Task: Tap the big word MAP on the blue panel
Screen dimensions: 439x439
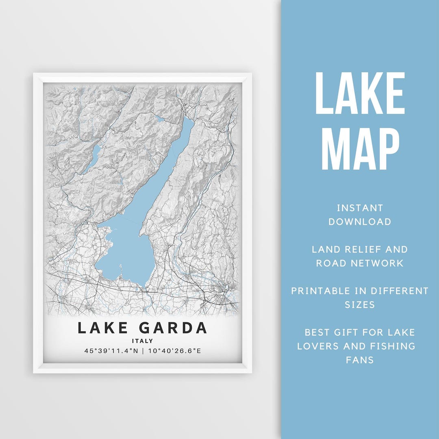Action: point(360,149)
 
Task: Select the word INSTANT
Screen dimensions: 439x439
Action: point(360,208)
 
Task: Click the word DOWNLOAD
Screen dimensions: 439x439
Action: point(360,222)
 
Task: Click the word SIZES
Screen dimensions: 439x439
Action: point(360,305)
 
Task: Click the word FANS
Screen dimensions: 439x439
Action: point(360,360)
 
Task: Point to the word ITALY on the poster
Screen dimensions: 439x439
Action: point(142,341)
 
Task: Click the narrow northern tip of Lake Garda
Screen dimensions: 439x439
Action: point(189,122)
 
